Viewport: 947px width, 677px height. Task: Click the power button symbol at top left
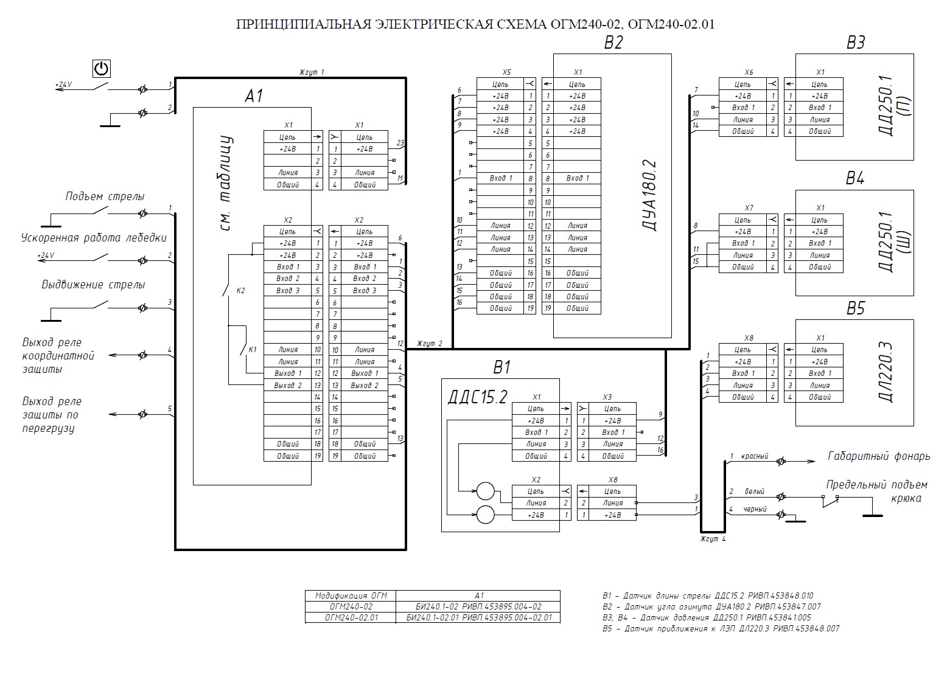point(102,69)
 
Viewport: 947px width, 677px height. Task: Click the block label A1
point(254,96)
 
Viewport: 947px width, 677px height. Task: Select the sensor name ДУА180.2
point(649,195)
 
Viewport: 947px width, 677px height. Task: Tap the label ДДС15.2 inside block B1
point(477,397)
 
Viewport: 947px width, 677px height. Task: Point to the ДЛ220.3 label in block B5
point(886,372)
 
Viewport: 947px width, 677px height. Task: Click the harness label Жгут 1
point(312,72)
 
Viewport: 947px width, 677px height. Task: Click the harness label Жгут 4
point(713,539)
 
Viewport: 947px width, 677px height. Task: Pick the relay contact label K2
point(240,291)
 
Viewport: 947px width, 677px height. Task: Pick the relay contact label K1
point(253,350)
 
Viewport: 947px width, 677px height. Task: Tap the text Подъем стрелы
point(105,196)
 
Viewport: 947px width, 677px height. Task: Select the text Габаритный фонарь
point(878,456)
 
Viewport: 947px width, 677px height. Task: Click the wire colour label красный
point(755,456)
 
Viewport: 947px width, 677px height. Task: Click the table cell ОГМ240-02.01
point(351,617)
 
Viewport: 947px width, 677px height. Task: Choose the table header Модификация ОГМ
point(351,595)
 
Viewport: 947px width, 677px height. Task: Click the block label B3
point(855,42)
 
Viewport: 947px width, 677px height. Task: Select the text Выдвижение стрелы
point(93,285)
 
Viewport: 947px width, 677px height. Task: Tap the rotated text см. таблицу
point(226,183)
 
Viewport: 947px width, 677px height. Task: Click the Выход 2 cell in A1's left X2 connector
point(288,386)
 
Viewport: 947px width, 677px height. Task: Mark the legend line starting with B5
point(721,628)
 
